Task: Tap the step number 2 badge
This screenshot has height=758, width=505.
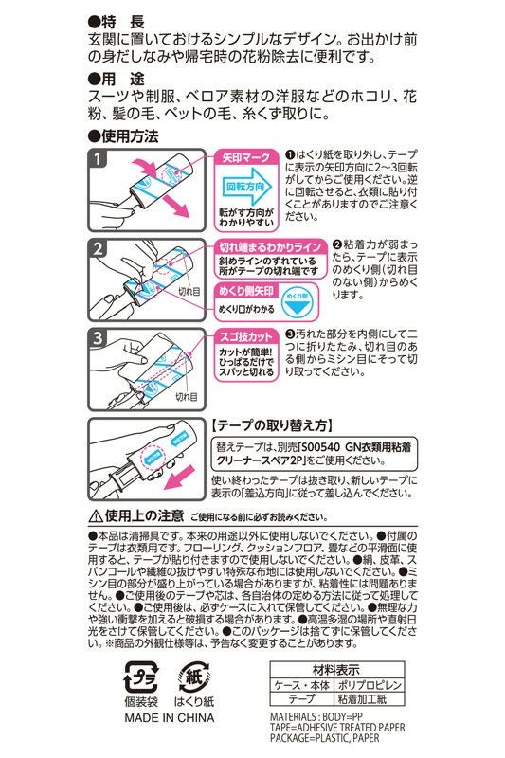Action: (99, 249)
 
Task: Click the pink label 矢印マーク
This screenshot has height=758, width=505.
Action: (246, 156)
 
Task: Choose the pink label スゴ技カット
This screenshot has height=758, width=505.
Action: (248, 336)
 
